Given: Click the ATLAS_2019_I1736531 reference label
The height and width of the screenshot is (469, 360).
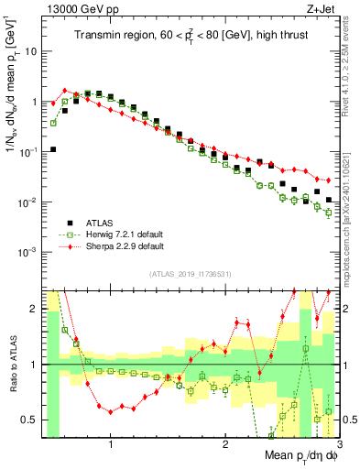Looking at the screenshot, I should coord(186,274).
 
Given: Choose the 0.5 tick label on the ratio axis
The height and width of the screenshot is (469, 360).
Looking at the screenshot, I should coord(29,420).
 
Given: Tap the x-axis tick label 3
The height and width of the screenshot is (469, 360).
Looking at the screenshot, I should coord(338,445).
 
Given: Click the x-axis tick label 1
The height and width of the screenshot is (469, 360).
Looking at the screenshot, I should coord(111,445).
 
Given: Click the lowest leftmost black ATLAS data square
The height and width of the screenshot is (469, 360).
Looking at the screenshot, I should coord(53,149).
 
